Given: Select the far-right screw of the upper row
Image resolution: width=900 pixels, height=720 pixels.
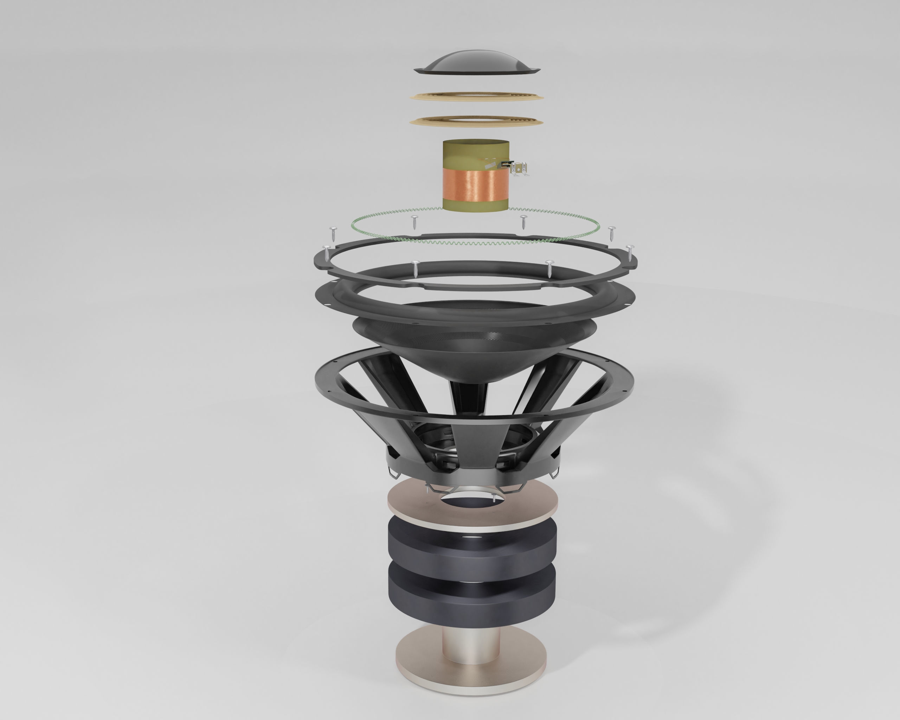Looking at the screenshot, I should (x=612, y=232).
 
